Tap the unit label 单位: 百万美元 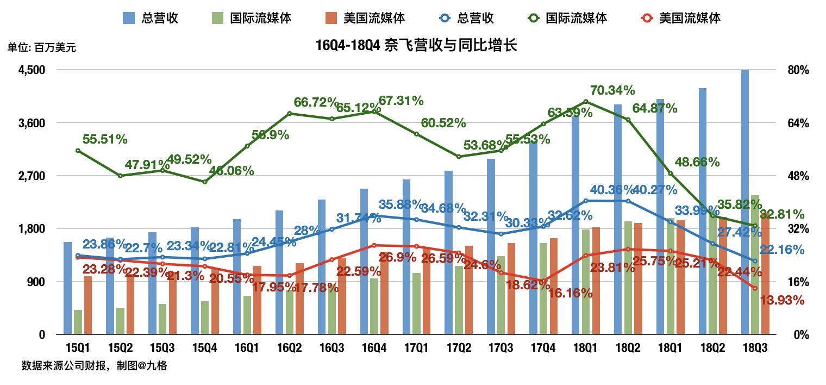click(42, 47)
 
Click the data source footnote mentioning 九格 click(94, 366)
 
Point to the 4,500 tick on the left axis click(33, 70)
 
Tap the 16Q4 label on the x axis click(374, 347)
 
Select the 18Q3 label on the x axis click(755, 347)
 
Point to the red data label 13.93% click(783, 300)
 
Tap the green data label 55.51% click(105, 139)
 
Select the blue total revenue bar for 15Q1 click(67, 288)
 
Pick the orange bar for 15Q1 click(88, 305)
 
